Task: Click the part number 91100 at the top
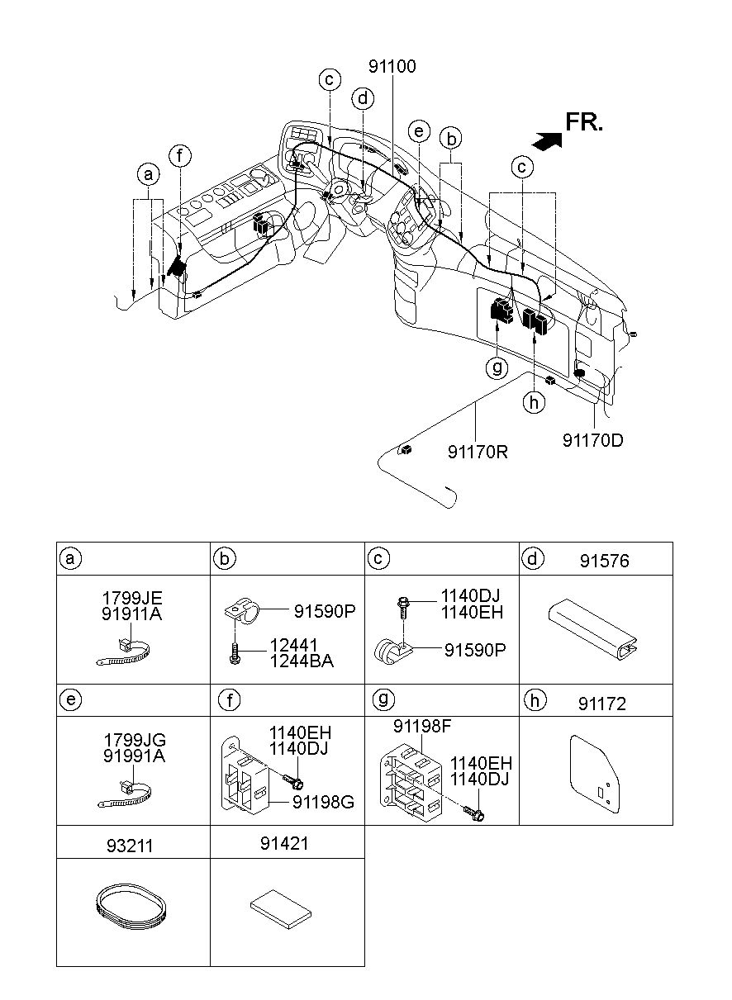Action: tap(392, 66)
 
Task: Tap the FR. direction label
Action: tap(584, 122)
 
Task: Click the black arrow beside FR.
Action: tap(547, 141)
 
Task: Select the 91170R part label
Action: tap(478, 453)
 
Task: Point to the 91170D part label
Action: tap(592, 441)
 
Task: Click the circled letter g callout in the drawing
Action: tap(497, 367)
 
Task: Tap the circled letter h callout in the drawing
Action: tap(534, 403)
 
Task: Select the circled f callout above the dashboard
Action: tap(180, 156)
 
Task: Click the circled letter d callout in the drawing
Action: tap(363, 98)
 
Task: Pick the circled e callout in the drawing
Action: tap(419, 131)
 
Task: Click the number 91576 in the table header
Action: tap(604, 562)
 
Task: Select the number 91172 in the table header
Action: tap(602, 704)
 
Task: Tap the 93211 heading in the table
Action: tap(130, 846)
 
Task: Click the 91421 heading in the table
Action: tap(284, 844)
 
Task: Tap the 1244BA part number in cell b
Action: tap(302, 661)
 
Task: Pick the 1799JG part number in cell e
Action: tap(135, 740)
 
